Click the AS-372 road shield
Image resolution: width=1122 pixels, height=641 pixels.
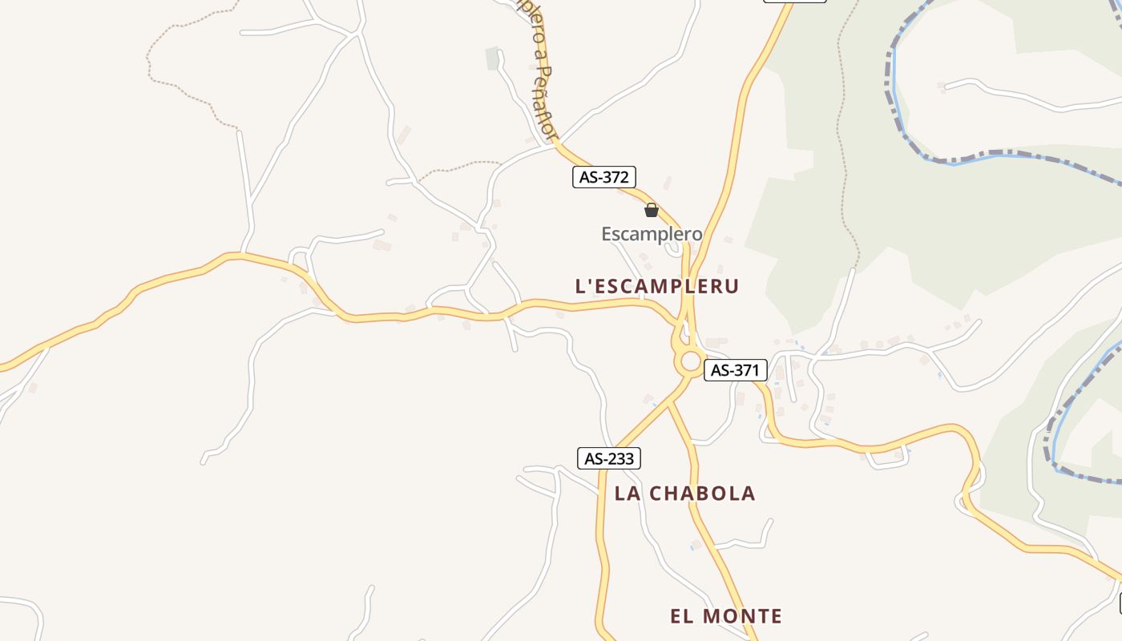[604, 177]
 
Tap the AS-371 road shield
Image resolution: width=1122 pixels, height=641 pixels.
[736, 370]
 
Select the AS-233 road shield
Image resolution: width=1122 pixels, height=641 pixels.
[609, 458]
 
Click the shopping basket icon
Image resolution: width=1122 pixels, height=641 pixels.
[652, 211]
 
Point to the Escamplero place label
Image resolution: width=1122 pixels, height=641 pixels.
[652, 234]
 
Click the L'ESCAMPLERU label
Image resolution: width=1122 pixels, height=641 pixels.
[657, 286]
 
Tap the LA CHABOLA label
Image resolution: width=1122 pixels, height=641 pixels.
[685, 494]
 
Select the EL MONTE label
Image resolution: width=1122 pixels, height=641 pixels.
[726, 616]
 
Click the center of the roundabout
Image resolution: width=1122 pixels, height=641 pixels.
[690, 362]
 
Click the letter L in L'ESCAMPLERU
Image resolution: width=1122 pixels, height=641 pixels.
[580, 286]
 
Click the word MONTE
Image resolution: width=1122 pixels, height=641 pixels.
[742, 616]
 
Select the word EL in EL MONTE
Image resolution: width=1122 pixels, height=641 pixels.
[680, 616]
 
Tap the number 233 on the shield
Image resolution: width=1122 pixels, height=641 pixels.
[620, 458]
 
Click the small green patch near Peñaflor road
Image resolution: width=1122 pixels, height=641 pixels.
[492, 58]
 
